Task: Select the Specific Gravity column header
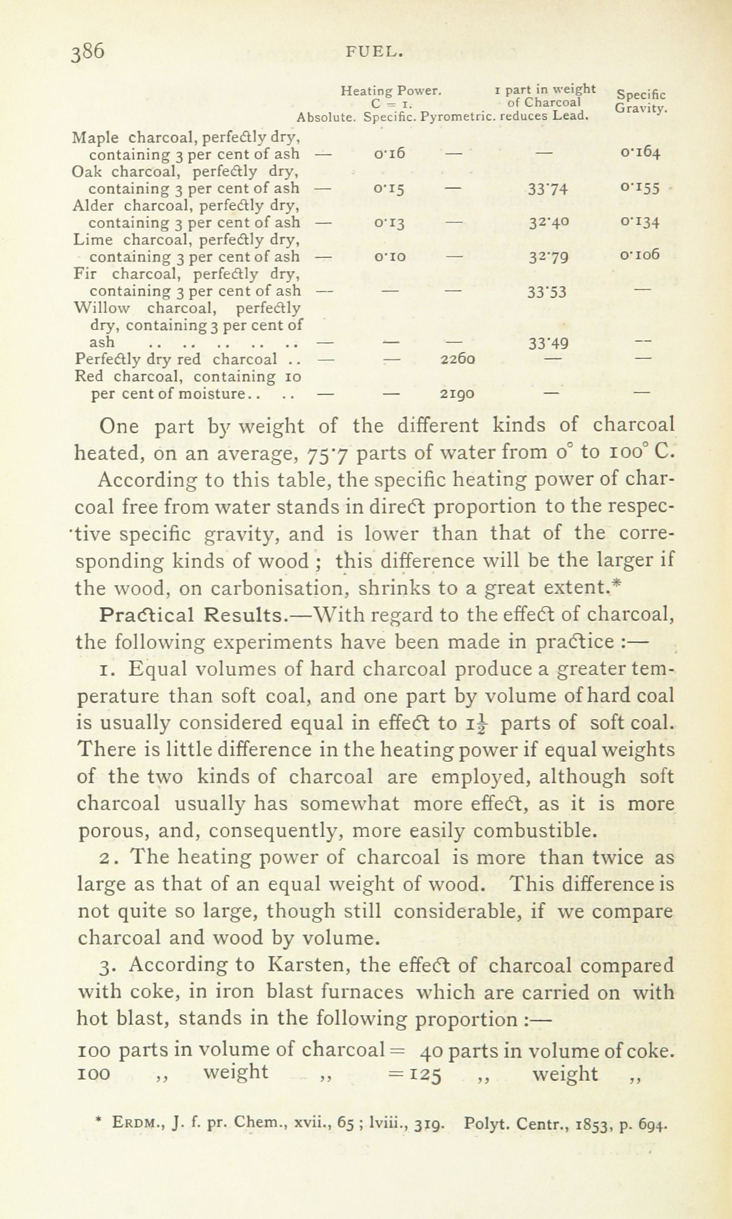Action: pos(641,101)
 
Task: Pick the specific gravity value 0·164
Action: pos(640,153)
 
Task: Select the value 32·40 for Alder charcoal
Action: pos(549,223)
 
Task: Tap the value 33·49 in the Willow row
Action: pos(548,343)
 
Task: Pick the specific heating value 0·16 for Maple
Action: pos(389,153)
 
